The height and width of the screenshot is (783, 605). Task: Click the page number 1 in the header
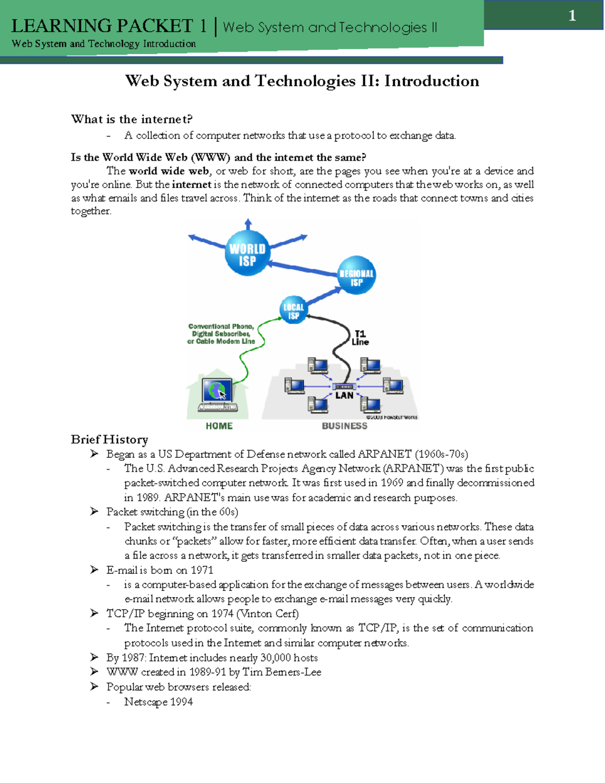point(572,16)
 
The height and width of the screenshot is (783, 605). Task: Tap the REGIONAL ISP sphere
point(356,276)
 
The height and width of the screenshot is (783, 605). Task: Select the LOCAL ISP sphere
point(293,311)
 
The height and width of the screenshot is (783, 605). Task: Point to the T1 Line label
point(360,337)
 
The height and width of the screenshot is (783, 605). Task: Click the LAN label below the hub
point(344,396)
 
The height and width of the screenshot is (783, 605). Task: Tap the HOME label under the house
point(219,426)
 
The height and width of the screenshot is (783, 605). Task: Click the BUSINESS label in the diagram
point(344,426)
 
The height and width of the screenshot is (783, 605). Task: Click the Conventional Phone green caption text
point(221,334)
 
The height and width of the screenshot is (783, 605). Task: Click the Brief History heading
point(109,439)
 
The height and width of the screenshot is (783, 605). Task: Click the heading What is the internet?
point(132,119)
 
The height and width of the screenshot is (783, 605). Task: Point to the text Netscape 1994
point(158,702)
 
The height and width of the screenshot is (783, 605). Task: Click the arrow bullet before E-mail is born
point(94,570)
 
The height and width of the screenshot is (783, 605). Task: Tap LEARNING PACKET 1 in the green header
point(109,26)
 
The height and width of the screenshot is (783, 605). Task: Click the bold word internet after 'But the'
point(192,185)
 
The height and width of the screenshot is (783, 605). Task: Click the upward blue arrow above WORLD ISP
point(248,224)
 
